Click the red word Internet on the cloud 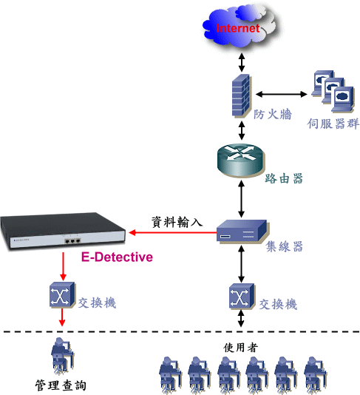pyautogui.click(x=238, y=28)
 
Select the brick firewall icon pyautogui.click(x=241, y=95)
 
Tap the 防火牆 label pyautogui.click(x=272, y=114)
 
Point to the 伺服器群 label pyautogui.click(x=333, y=124)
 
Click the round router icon pyautogui.click(x=240, y=160)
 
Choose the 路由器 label pyautogui.click(x=284, y=178)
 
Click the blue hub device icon pyautogui.click(x=242, y=231)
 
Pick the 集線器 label pyautogui.click(x=284, y=246)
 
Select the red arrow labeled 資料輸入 pyautogui.click(x=173, y=232)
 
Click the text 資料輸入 pyautogui.click(x=177, y=222)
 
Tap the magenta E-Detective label pyautogui.click(x=117, y=257)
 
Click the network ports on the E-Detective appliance pyautogui.click(x=72, y=241)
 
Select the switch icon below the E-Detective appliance pyautogui.click(x=62, y=294)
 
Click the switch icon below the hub pyautogui.click(x=242, y=296)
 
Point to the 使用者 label pyautogui.click(x=240, y=348)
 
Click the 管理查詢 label pyautogui.click(x=61, y=385)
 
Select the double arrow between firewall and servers pyautogui.click(x=281, y=94)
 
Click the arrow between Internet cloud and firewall pyautogui.click(x=242, y=62)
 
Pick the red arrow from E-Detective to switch pyautogui.click(x=63, y=266)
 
